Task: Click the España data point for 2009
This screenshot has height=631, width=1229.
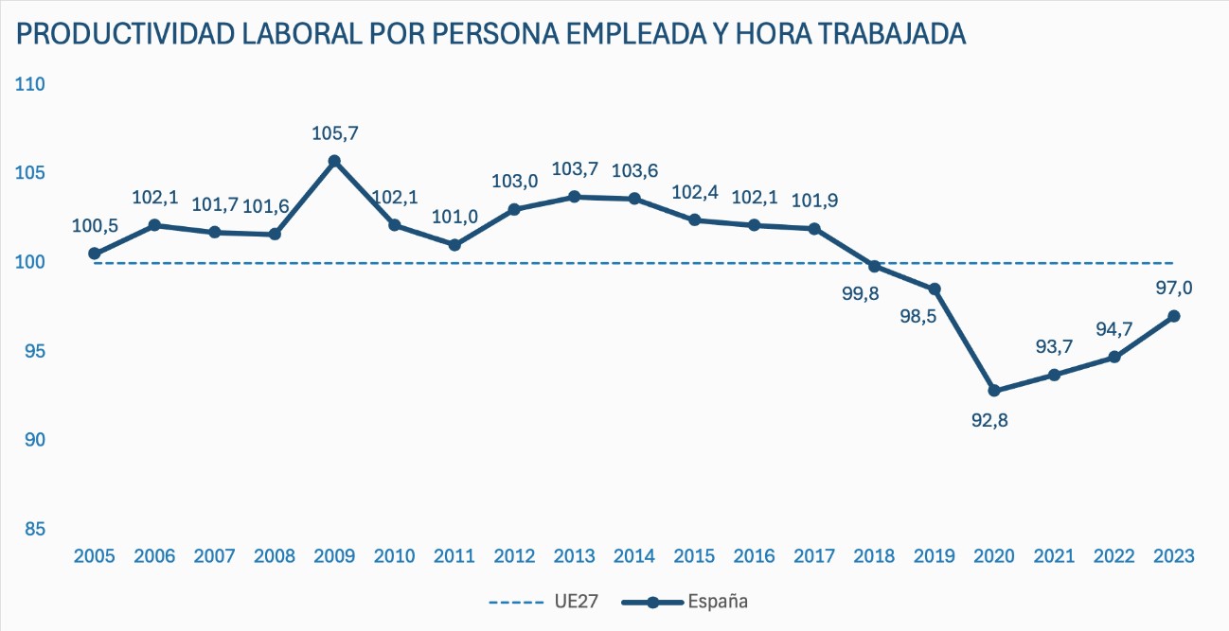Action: tap(334, 162)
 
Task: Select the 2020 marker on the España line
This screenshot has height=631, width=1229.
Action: tap(994, 391)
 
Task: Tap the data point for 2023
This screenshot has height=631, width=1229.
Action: tap(1174, 316)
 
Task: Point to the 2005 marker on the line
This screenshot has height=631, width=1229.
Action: tap(95, 254)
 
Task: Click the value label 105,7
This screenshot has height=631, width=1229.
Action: tap(335, 133)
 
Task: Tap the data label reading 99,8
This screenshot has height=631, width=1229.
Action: tap(861, 293)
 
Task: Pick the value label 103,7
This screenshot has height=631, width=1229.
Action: tap(576, 169)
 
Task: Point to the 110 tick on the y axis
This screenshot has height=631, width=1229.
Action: tap(31, 84)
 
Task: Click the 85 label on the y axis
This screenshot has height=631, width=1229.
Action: tap(35, 529)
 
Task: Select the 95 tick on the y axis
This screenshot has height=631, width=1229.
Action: tap(35, 351)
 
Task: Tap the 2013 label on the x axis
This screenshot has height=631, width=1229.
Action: tap(575, 556)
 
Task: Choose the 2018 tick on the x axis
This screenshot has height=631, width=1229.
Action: tap(874, 556)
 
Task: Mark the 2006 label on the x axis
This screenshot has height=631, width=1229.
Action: tap(154, 556)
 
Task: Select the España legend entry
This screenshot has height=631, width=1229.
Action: tap(717, 601)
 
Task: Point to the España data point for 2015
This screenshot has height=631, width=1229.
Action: tap(694, 220)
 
